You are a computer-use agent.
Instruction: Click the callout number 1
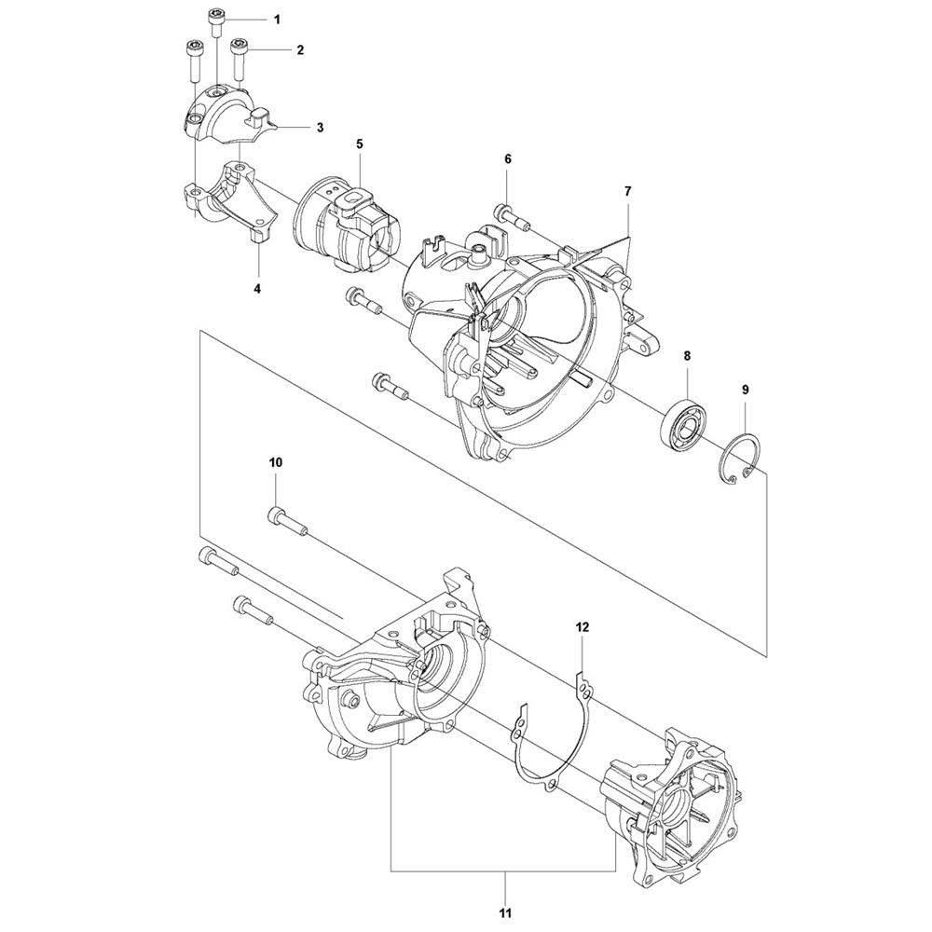[x=277, y=20]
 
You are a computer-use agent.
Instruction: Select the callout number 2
[x=300, y=50]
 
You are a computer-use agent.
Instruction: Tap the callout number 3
[x=321, y=127]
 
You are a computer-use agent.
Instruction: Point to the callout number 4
[x=257, y=289]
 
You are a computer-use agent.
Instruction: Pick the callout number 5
[x=360, y=144]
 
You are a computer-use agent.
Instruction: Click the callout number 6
[x=508, y=159]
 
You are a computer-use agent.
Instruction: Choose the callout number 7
[x=628, y=191]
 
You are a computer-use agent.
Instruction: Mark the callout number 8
[x=687, y=355]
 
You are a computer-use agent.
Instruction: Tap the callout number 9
[x=746, y=390]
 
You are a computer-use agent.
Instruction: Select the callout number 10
[x=277, y=462]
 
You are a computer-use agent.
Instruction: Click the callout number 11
[x=506, y=912]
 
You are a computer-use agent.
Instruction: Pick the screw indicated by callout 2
[x=239, y=60]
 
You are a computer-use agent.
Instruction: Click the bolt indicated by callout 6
[x=512, y=217]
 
